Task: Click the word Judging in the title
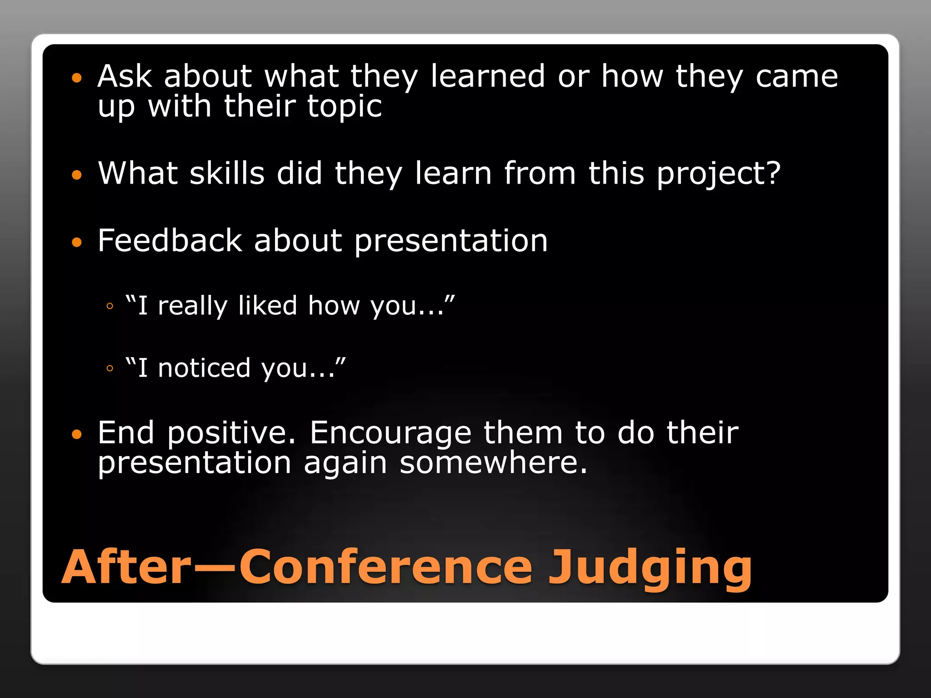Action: point(650,568)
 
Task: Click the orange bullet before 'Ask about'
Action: point(77,78)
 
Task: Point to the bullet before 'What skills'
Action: point(77,175)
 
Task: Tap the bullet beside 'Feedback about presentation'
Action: point(77,242)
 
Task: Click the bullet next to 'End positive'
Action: point(77,434)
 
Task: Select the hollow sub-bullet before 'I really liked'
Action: point(110,306)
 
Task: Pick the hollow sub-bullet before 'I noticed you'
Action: point(110,369)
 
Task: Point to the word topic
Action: point(344,107)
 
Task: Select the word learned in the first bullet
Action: point(487,76)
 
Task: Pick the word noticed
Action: point(204,368)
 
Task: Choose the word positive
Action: point(231,434)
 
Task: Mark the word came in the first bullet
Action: point(796,76)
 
